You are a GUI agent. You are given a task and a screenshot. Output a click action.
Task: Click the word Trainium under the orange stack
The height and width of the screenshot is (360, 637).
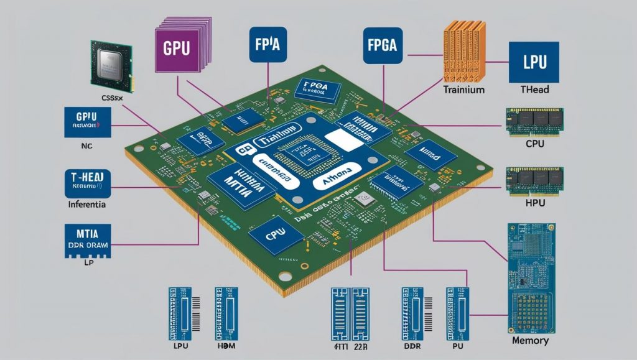point(463,90)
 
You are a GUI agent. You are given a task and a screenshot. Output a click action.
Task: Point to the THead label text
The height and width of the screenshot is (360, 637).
point(534,90)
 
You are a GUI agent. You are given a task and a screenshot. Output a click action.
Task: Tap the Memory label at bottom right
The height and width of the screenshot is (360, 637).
point(529,341)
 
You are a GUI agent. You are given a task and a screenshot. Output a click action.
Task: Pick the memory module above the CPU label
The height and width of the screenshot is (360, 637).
point(534,122)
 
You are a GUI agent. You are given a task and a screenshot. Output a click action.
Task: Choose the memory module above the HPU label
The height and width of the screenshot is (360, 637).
point(534,180)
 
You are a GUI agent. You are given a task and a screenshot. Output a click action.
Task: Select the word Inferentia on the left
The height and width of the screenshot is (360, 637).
point(87,204)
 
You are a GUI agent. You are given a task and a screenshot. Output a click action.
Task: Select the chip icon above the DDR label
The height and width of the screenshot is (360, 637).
point(412,311)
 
